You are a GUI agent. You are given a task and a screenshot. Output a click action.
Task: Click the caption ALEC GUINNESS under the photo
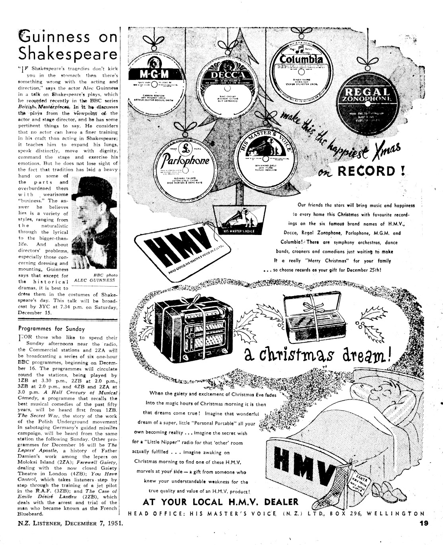[x=95, y=280]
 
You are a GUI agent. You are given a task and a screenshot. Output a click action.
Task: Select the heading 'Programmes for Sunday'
[x=52, y=329]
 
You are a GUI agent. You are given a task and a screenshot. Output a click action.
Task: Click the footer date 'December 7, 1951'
[x=91, y=524]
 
